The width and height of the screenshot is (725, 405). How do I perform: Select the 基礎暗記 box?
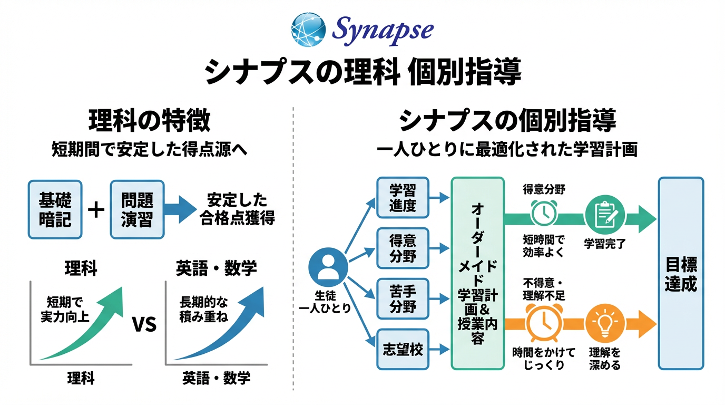tap(55, 209)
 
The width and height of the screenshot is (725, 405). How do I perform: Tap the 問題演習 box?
tap(137, 209)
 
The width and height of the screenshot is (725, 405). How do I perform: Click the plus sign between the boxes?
tap(96, 209)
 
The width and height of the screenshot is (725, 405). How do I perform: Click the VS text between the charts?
tap(144, 324)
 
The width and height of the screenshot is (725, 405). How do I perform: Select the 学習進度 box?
tap(403, 198)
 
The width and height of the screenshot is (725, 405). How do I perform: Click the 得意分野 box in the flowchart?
tap(403, 248)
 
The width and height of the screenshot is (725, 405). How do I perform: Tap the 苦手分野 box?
tap(403, 299)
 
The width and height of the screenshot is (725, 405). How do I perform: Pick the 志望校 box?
tap(403, 349)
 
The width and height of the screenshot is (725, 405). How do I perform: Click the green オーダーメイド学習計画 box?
tap(477, 273)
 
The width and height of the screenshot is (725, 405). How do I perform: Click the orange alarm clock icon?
tap(543, 322)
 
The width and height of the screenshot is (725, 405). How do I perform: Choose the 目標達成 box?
tap(681, 273)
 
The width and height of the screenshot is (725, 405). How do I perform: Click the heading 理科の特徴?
tap(150, 121)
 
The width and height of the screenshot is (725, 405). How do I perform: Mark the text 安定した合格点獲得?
tap(237, 209)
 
